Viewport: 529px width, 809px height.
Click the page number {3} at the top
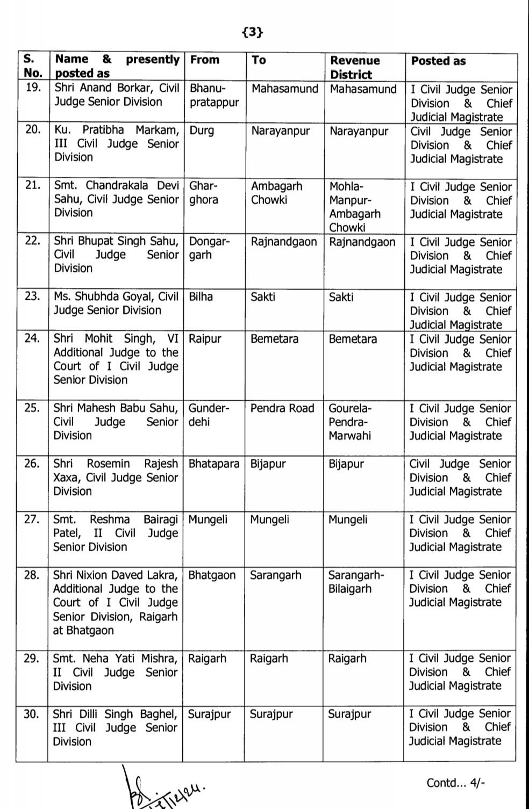[253, 33]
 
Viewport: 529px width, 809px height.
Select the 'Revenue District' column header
[355, 68]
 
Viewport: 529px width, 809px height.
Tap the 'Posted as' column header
[438, 61]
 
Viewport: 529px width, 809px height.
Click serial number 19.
[33, 88]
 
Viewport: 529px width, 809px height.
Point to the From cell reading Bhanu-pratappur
[214, 95]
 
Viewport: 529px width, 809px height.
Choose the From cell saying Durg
[202, 131]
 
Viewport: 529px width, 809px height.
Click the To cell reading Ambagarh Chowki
[277, 193]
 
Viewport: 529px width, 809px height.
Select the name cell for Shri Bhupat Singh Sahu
[116, 255]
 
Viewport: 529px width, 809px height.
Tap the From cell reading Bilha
[201, 297]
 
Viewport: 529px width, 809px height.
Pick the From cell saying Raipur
[205, 339]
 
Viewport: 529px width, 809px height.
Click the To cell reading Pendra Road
[282, 408]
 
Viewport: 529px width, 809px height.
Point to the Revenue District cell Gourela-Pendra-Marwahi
[350, 422]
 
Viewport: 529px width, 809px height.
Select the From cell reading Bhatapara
[214, 464]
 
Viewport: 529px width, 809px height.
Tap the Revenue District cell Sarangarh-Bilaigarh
[356, 582]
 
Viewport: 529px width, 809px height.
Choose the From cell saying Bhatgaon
[212, 575]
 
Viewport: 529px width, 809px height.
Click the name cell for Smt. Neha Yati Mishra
[115, 672]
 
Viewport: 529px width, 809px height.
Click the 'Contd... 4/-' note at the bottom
[456, 783]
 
